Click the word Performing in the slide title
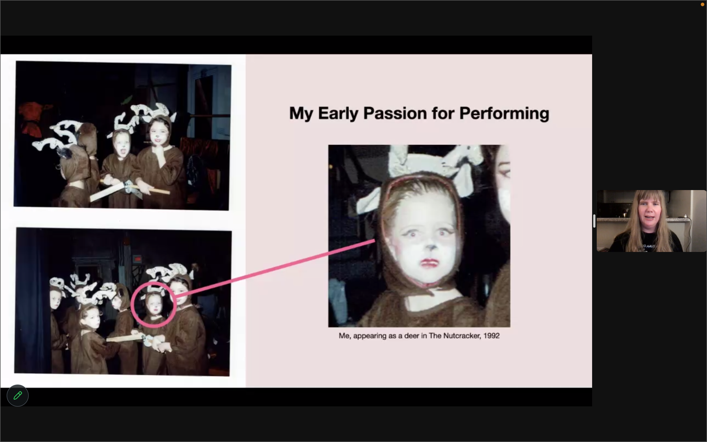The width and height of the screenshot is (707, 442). tap(504, 114)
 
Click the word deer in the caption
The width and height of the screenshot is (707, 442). tap(412, 336)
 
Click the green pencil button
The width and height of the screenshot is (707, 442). tap(17, 396)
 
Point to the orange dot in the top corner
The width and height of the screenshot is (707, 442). tap(702, 4)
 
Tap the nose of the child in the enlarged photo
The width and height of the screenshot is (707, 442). tap(431, 248)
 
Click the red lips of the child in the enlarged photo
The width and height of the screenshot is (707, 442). tap(429, 262)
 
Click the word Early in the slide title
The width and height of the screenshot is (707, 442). tap(338, 114)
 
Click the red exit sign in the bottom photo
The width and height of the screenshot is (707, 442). tap(137, 259)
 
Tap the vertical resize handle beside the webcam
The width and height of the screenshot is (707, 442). tap(594, 221)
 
